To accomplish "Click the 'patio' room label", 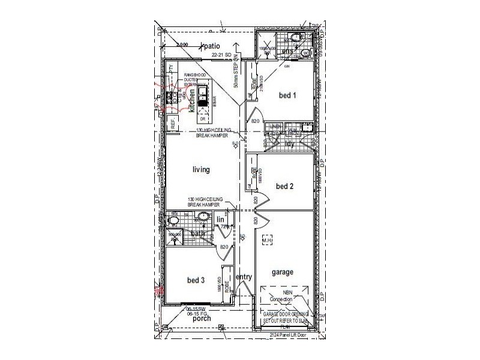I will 213,46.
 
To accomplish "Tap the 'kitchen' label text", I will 192,101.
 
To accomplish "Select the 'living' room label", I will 201,170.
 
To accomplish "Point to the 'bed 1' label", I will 288,95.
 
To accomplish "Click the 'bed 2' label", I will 284,186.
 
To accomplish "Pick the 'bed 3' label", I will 196,280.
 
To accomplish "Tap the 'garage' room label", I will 282,272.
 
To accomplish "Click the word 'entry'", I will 244,277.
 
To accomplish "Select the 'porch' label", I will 202,319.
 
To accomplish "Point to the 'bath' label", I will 198,233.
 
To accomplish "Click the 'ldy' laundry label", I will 289,143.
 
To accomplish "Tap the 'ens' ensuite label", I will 287,52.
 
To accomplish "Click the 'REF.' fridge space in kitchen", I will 173,124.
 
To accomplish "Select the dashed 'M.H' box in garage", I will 267,241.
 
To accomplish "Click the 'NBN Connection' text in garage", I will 280,296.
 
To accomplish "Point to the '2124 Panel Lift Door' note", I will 288,334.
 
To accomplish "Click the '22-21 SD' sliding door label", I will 221,55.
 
